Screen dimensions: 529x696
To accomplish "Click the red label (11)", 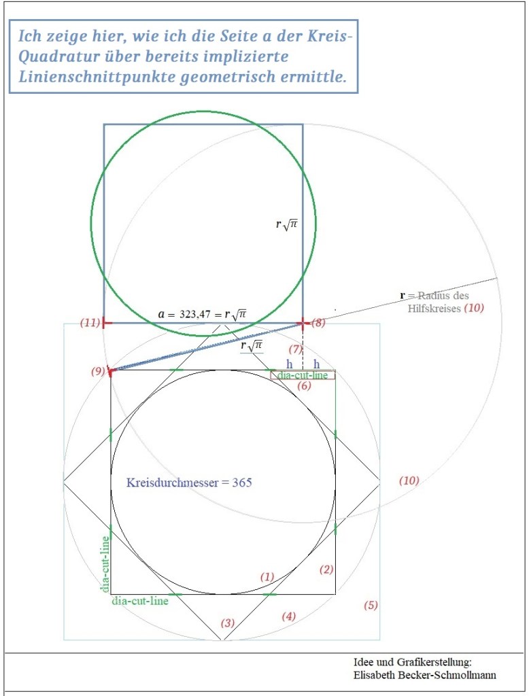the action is [90, 323].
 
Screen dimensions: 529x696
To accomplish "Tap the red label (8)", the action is [318, 323].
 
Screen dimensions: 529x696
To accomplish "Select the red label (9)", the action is [98, 371].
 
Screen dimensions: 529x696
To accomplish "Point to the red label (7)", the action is [295, 349].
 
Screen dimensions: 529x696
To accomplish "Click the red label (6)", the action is [304, 386].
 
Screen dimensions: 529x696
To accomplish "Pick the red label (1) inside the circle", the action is [267, 576].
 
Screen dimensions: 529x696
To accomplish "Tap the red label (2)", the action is [326, 570].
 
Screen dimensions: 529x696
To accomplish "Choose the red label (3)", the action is [228, 623].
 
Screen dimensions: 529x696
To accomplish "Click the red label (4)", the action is [289, 616].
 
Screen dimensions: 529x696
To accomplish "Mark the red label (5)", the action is [371, 605].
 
